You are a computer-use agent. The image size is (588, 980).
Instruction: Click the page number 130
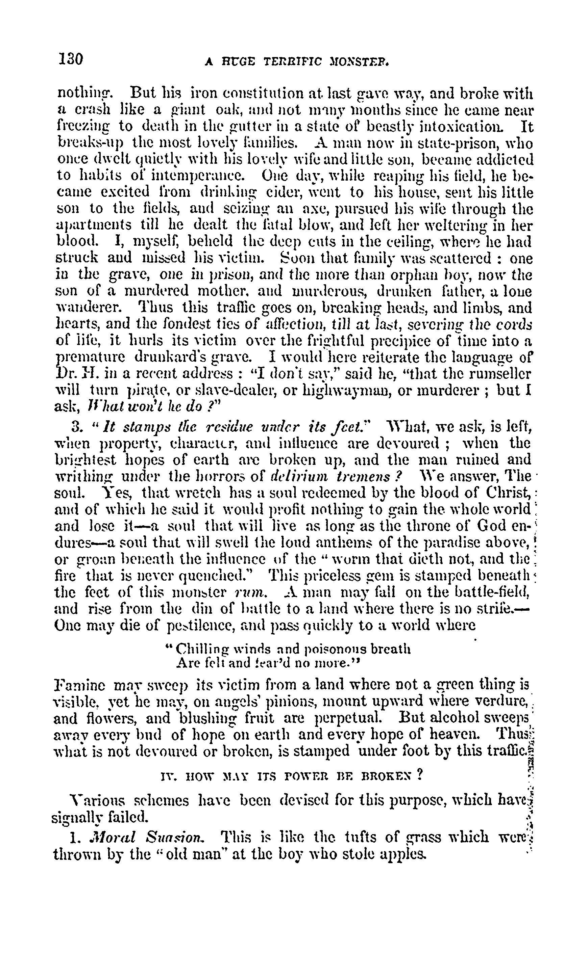(x=71, y=59)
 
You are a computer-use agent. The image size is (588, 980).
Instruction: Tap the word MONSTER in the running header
(x=358, y=61)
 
